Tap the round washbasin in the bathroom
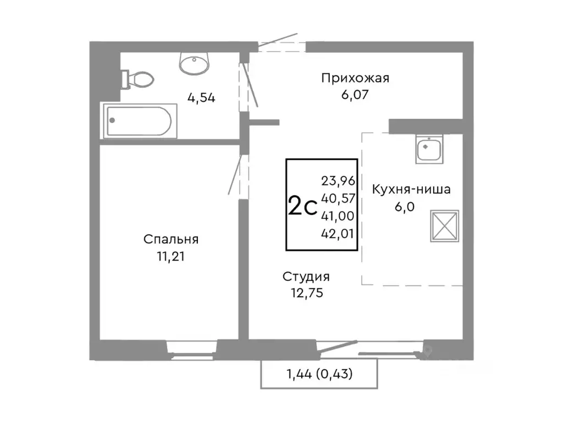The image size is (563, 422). click(194, 63)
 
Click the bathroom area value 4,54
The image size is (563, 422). click(201, 98)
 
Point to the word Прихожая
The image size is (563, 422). click(355, 78)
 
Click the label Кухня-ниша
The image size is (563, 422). click(411, 190)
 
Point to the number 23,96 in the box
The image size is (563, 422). click(338, 179)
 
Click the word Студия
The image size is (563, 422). click(306, 276)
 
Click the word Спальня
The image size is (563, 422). click(171, 240)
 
